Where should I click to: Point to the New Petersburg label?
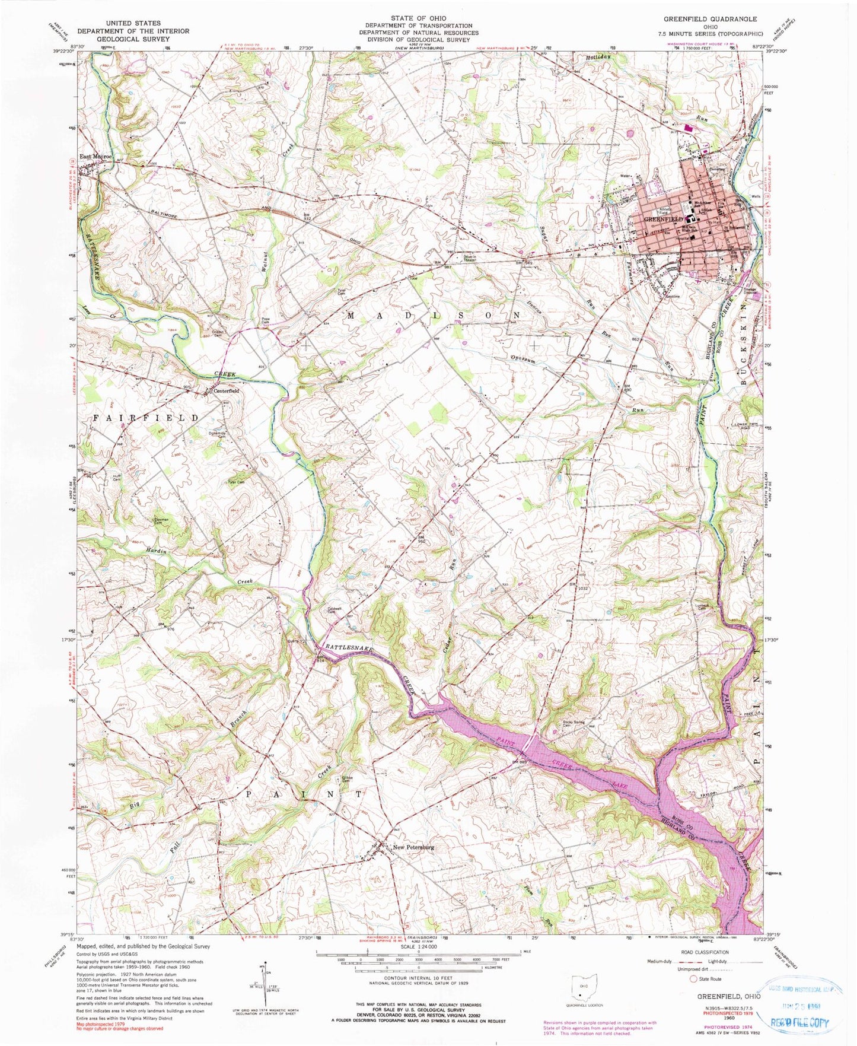413,847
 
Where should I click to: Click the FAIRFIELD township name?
146,418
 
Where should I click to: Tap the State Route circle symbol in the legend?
694,978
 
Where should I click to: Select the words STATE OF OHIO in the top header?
419,18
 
